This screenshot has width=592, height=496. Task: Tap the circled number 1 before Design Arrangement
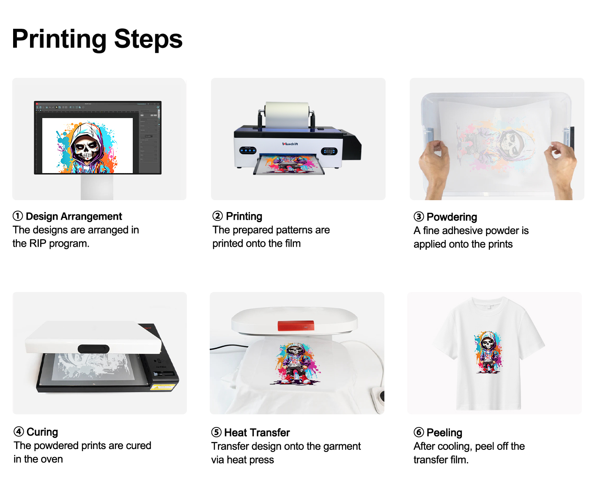[x=18, y=216]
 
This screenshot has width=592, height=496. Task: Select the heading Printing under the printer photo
[x=244, y=216]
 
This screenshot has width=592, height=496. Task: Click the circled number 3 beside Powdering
[x=419, y=217]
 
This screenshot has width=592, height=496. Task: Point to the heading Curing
[x=42, y=432]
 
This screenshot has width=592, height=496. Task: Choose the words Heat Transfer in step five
[x=257, y=433]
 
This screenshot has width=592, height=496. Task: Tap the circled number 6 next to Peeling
[x=419, y=433]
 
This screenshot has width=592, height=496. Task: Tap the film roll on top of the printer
[x=287, y=115]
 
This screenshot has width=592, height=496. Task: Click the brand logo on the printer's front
[x=290, y=144]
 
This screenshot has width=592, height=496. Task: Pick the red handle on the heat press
[x=296, y=326]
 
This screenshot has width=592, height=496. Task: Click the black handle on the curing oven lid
[x=93, y=349]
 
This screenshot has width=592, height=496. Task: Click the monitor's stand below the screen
[x=97, y=187]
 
